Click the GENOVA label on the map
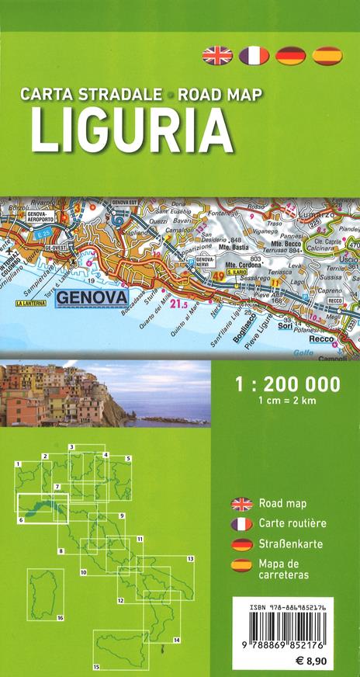95,274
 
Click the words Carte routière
292,523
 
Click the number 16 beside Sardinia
60,617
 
